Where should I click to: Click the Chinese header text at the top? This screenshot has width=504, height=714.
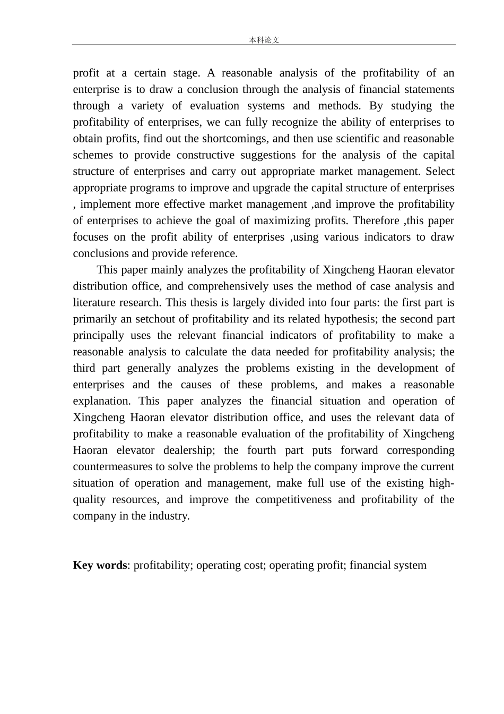click(x=264, y=40)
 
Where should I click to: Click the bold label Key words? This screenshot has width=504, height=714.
click(x=100, y=565)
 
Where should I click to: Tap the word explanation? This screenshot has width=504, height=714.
click(x=101, y=401)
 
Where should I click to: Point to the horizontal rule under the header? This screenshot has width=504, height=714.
click(x=264, y=45)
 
